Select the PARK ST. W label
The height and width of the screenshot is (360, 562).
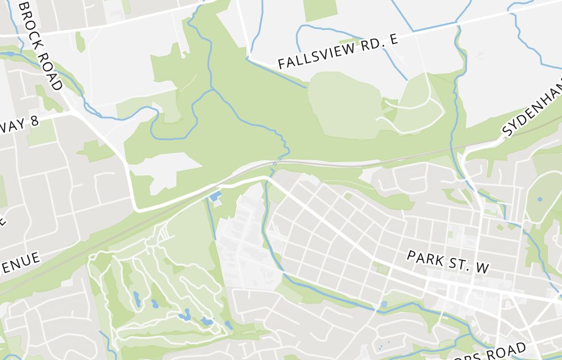[448, 263]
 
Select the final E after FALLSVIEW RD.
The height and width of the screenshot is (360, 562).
[393, 38]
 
